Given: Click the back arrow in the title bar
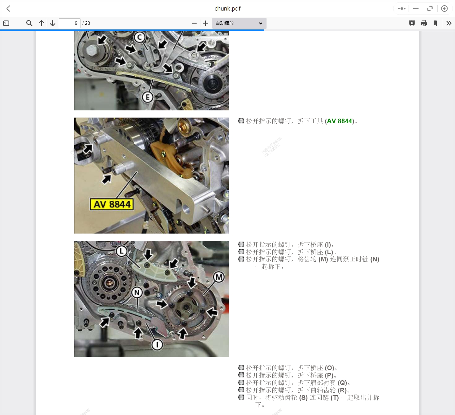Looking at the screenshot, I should point(9,9).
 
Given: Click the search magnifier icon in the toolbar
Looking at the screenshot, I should point(29,23).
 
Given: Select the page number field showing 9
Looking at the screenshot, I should point(70,23).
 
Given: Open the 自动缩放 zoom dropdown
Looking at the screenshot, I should point(239,23).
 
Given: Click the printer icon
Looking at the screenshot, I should point(424,23).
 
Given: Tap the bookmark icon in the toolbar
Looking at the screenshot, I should point(435,23).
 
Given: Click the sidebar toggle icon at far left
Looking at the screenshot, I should point(6,23).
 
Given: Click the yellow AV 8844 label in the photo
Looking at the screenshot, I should point(112,204).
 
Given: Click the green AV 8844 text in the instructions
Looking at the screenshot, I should point(340,121).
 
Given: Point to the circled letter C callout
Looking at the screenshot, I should point(140,37).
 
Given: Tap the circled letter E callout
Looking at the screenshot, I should point(148,97).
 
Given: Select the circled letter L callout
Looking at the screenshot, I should point(122,251).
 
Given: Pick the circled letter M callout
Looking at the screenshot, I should point(219,277).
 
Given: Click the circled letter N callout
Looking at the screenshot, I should point(137,292).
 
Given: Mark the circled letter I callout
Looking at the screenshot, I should point(157,344).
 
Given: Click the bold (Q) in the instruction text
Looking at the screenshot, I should point(342,383).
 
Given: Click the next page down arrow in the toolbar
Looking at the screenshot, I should point(53,23).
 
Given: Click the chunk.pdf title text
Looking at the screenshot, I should point(227,9).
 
